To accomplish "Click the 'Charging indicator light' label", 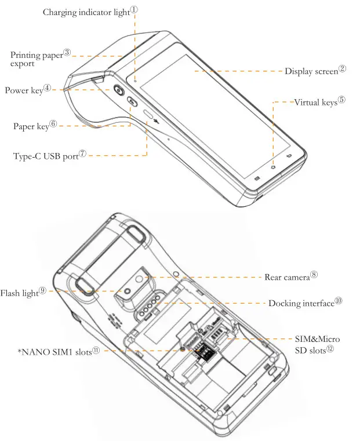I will click(86, 12).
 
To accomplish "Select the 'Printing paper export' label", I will click(36, 59).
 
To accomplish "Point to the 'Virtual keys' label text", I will click(315, 103).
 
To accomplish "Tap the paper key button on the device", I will click(133, 103).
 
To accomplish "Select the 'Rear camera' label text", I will click(286, 278).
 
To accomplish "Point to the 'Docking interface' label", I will click(301, 304).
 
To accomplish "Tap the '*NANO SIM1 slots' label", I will click(54, 352).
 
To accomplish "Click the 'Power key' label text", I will click(23, 91).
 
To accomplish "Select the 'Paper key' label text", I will click(31, 126).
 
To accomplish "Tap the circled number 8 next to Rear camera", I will click(314, 275).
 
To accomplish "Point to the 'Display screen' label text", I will click(311, 71).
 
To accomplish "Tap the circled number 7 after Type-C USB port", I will click(82, 154).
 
